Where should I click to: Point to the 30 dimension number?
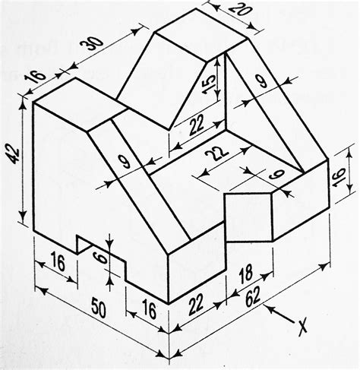click(x=92, y=45)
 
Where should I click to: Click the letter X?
click(x=302, y=327)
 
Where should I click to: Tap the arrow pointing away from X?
click(x=277, y=313)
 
